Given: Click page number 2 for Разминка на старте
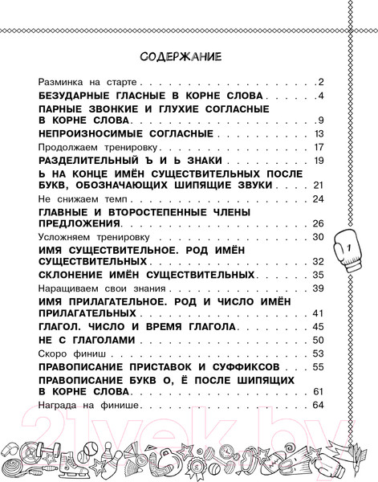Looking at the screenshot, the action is coord(319,82).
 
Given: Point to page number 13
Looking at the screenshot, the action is coord(318,133).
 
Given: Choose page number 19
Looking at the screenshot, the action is coord(318,161).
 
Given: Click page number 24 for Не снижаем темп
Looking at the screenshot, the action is coord(318,198).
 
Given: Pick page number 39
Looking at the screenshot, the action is coord(318,288).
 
